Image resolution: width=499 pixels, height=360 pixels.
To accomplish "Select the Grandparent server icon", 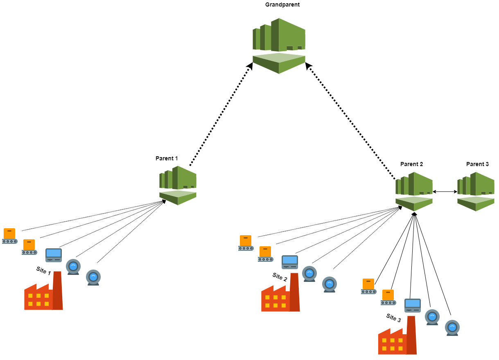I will click(x=279, y=45).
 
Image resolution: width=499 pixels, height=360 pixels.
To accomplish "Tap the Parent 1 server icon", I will click(x=178, y=185).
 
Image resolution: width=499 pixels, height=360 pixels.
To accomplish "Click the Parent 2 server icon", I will click(x=414, y=191).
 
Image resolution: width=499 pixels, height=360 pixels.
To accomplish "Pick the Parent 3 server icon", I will click(x=476, y=191).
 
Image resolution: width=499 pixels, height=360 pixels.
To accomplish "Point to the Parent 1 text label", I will click(x=167, y=158).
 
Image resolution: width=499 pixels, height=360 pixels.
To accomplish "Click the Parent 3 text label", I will click(x=477, y=164).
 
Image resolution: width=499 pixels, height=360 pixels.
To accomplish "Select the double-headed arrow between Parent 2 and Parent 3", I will click(x=445, y=191).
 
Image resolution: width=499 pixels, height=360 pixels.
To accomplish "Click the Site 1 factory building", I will click(x=43, y=292).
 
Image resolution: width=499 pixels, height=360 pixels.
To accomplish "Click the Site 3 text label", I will click(x=394, y=317).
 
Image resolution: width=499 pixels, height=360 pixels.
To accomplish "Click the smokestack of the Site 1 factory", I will click(x=58, y=290).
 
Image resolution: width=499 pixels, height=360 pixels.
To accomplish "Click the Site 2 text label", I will click(x=280, y=277).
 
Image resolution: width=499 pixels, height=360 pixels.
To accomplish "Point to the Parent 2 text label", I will click(x=411, y=164).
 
